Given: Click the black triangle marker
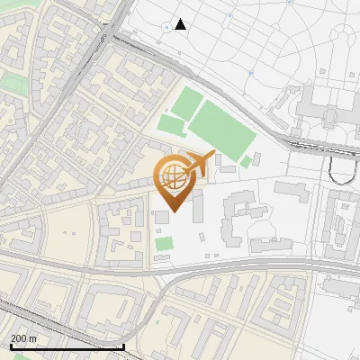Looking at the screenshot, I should point(181,24).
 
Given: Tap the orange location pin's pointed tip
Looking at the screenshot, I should point(172,212).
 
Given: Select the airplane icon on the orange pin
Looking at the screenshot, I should point(199,164).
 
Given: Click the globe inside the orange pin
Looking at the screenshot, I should point(172,180).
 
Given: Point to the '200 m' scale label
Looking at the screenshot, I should point(23,338).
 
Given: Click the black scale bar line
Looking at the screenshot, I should point(67,346).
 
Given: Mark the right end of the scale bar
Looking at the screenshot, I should point(123,346).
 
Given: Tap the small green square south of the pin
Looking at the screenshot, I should point(163,243).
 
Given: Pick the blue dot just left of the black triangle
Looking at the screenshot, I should point(166,27).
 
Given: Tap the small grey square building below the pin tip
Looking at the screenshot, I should point(161,218).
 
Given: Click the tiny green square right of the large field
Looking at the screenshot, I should point(246,161).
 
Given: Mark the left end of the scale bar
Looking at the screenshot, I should point(11,346).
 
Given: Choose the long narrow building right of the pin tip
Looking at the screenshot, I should point(196,204).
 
